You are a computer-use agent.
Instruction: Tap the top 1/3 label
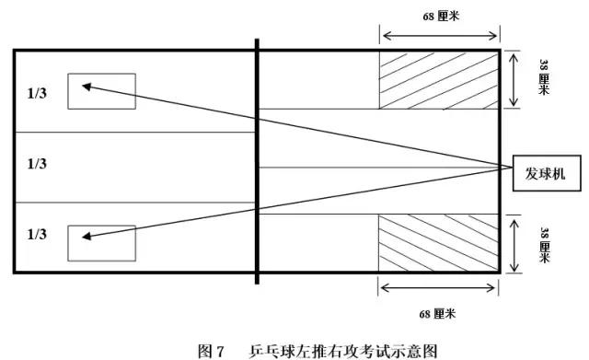38,93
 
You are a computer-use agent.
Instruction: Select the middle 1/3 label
38,164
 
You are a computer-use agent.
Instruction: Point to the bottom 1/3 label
38,235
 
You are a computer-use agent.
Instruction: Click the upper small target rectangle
101,91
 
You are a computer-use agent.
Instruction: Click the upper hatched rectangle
439,79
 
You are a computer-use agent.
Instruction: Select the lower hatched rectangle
439,243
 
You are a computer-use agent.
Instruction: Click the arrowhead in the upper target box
86,87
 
